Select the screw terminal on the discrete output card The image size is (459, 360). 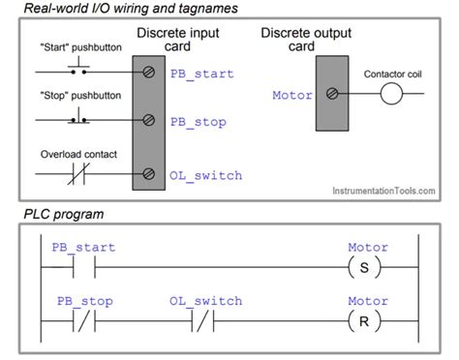click(x=332, y=95)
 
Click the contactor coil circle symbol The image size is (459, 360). click(x=391, y=95)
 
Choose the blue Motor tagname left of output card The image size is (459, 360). click(x=291, y=95)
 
